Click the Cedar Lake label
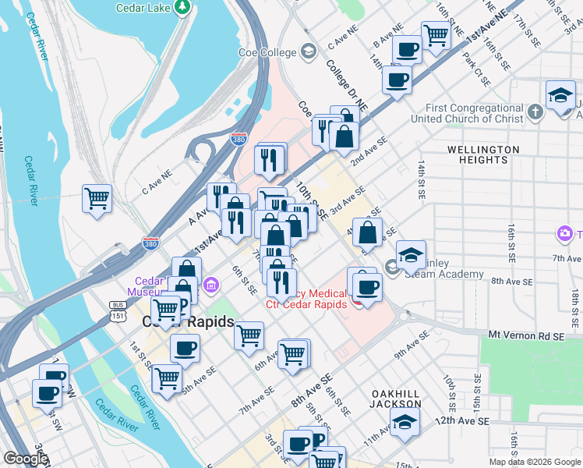coord(143,9)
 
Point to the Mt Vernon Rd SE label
coord(526,335)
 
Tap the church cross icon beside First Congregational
coord(535,113)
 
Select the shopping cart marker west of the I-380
coord(97,198)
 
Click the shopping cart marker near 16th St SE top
coord(436,34)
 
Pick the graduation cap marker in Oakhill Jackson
coord(404,422)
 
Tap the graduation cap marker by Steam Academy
coord(411,254)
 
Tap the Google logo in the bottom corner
coord(26,459)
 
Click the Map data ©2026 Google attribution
coord(535,462)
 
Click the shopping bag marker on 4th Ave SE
coord(367,232)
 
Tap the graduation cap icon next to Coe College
coord(309,52)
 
